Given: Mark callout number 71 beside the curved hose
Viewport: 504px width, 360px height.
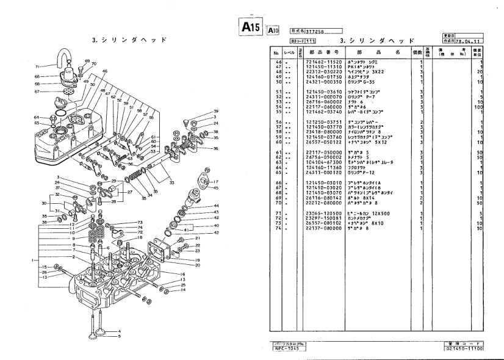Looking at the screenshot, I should [37, 66].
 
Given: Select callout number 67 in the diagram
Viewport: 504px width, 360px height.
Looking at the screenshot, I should [38, 92].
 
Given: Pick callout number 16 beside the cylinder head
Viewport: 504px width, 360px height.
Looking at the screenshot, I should [182, 274].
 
